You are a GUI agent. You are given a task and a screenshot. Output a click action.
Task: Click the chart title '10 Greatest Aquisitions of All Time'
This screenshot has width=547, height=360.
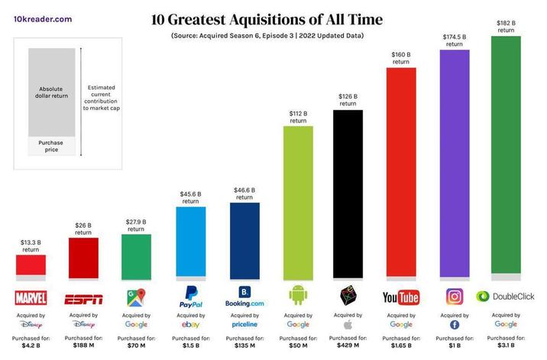click(x=267, y=18)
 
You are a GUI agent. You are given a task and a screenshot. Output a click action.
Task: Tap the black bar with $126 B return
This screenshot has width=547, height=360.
click(x=348, y=191)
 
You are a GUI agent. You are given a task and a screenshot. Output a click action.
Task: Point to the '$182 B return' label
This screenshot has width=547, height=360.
click(x=507, y=26)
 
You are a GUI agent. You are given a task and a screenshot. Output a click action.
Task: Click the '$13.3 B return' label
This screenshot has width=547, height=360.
click(x=31, y=245)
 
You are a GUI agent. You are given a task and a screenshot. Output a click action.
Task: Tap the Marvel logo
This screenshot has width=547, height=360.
click(x=31, y=297)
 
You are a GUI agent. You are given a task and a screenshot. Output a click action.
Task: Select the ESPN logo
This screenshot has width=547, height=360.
click(x=83, y=297)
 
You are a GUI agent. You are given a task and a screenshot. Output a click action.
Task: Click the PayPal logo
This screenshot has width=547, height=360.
click(x=189, y=297)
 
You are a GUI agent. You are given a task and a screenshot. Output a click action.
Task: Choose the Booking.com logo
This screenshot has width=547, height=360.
click(x=244, y=297)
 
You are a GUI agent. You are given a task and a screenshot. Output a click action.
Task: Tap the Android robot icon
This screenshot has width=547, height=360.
click(x=298, y=295)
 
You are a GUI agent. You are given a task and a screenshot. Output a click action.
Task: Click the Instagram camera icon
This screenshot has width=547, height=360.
click(x=454, y=296)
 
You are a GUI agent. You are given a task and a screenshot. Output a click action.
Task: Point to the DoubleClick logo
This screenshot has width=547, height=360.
click(x=505, y=297)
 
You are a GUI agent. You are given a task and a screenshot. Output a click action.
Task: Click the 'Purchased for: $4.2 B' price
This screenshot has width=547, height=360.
click(x=31, y=342)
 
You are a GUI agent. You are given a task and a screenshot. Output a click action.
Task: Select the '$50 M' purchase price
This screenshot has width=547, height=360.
click(x=298, y=345)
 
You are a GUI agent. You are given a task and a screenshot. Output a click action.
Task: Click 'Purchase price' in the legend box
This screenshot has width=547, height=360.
click(x=52, y=145)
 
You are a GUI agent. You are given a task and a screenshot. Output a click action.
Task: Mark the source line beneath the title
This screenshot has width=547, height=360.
click(x=267, y=36)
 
